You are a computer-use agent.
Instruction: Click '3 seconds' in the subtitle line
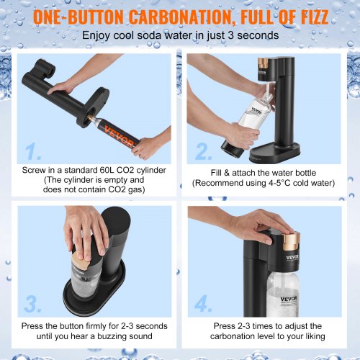(x=251, y=35)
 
